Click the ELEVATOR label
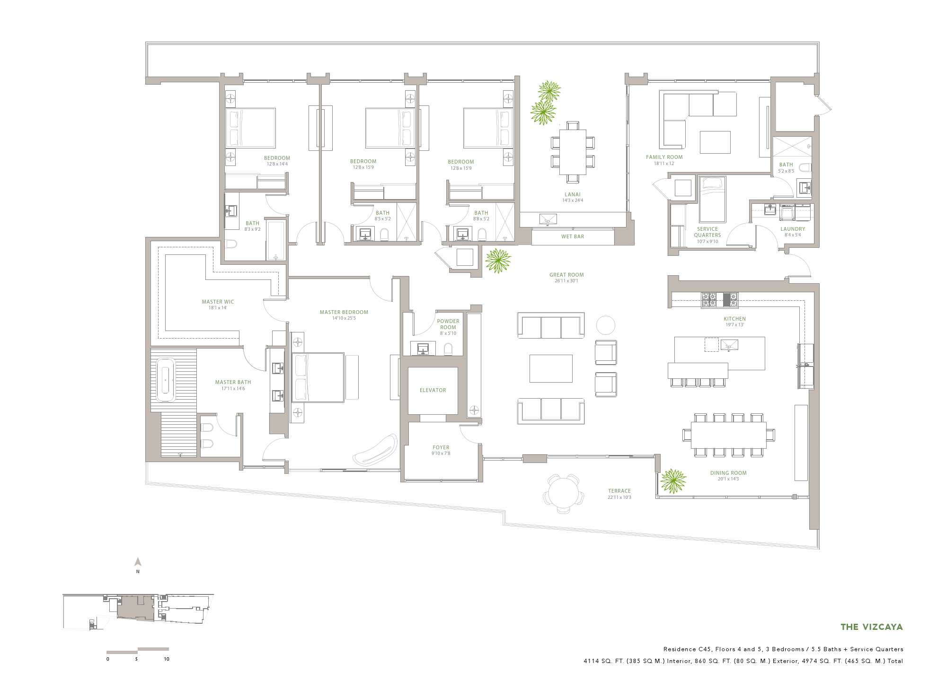click(433, 390)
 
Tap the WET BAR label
click(573, 236)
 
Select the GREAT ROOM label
click(566, 275)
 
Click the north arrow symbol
click(138, 562)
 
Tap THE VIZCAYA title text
click(872, 627)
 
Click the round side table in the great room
click(605, 325)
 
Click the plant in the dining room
click(673, 481)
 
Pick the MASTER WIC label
click(218, 302)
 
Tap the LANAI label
click(573, 194)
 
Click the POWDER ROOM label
click(448, 324)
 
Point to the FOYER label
click(441, 447)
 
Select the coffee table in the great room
click(551, 368)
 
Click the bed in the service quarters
click(712, 199)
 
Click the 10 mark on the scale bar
click(167, 659)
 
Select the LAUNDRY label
click(793, 229)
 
